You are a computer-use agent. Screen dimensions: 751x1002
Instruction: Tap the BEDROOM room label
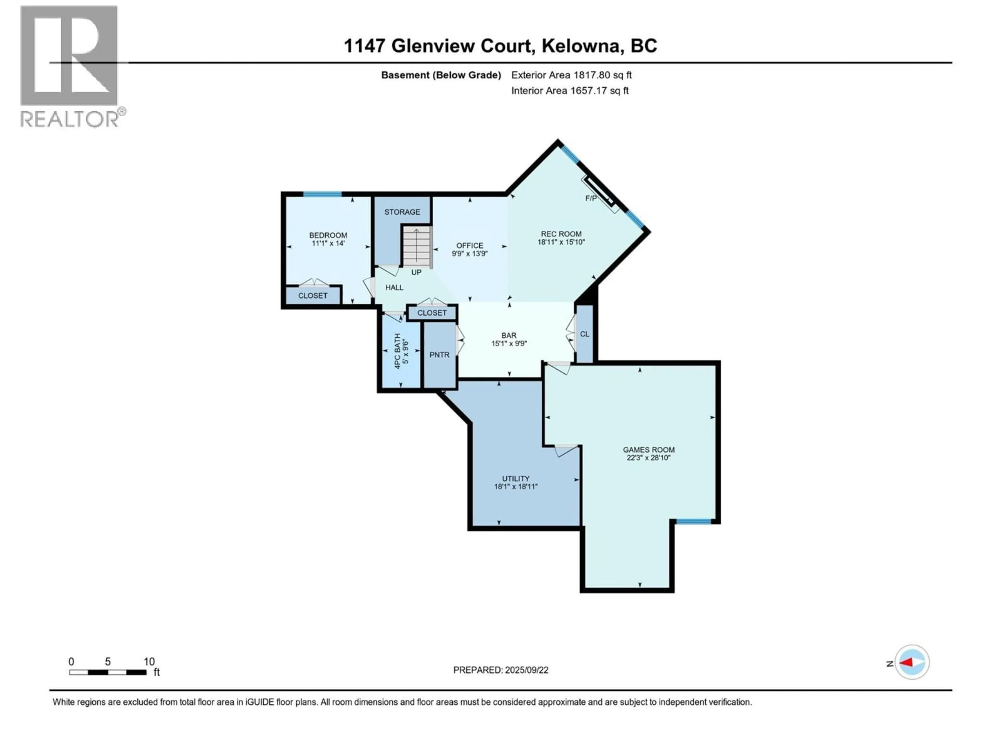pyautogui.click(x=328, y=235)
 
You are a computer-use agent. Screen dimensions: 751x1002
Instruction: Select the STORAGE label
pyautogui.click(x=402, y=212)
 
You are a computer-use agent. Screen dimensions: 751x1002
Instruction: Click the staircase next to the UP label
pyautogui.click(x=417, y=247)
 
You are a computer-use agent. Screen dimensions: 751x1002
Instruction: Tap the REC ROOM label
pyautogui.click(x=561, y=234)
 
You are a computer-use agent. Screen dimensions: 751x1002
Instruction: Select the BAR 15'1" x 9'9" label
pyautogui.click(x=509, y=340)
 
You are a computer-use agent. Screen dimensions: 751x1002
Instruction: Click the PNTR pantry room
pyautogui.click(x=439, y=355)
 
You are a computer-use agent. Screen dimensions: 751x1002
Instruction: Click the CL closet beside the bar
pyautogui.click(x=584, y=334)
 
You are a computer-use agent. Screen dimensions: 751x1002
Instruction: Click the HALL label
pyautogui.click(x=394, y=287)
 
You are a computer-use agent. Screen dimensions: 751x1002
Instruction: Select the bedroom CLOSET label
pyautogui.click(x=313, y=296)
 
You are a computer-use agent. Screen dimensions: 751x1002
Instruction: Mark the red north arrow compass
pyautogui.click(x=912, y=663)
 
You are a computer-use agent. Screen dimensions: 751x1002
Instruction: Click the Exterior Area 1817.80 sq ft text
pyautogui.click(x=571, y=75)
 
